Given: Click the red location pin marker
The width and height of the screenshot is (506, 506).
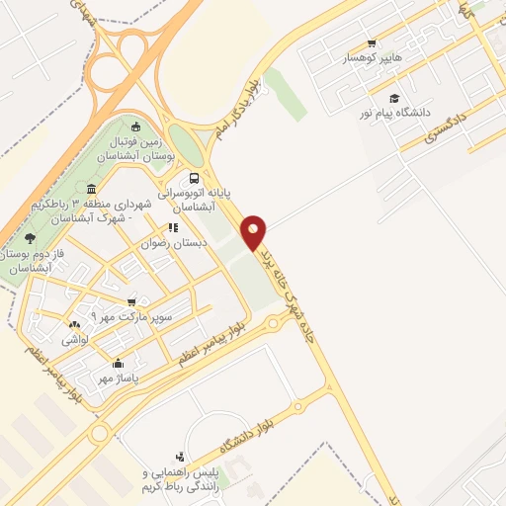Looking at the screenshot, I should tap(255, 231).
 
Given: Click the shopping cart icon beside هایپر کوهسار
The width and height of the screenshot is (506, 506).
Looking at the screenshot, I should tap(372, 43).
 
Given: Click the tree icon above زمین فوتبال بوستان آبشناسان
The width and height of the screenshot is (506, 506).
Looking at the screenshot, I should tap(136, 126).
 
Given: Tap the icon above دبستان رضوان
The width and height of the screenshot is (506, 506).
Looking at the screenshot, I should tap(173, 227).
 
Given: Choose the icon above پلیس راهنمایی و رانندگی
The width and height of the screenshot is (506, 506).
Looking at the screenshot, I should tap(179, 457).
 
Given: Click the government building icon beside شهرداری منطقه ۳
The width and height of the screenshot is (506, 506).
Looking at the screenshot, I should tap(92, 189).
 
